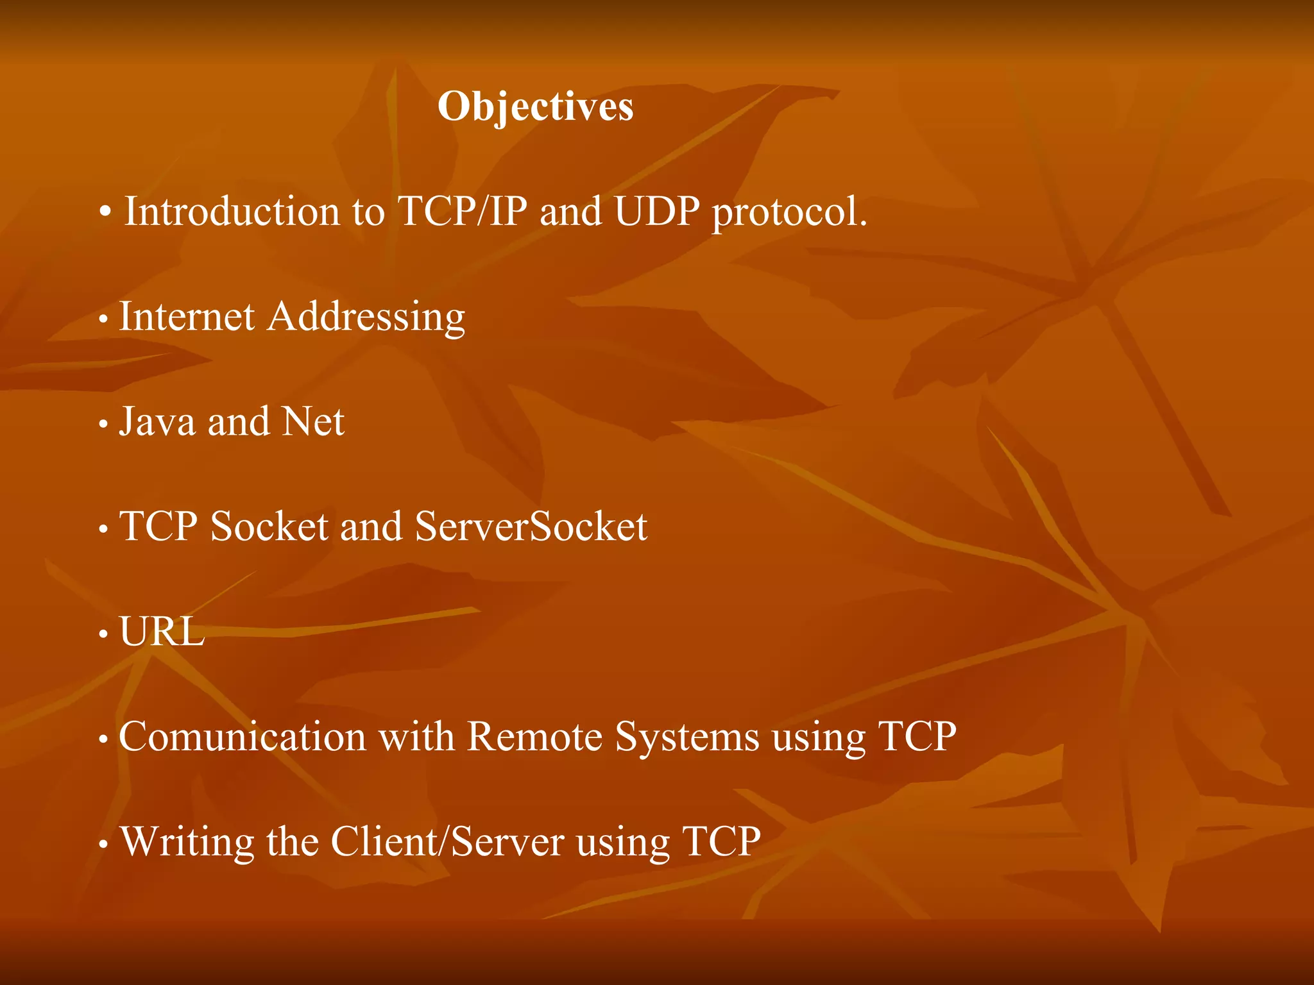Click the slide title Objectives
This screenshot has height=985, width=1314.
[x=536, y=106]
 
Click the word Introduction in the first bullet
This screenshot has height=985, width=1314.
[x=232, y=211]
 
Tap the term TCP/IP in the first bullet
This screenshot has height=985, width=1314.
[x=463, y=211]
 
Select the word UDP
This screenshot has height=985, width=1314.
[x=656, y=211]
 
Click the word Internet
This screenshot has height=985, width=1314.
[x=187, y=316]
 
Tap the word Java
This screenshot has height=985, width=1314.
[x=157, y=421]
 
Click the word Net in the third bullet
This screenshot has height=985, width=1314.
[x=313, y=421]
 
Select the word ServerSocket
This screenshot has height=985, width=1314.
[x=531, y=526]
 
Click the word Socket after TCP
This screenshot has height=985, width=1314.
[x=269, y=526]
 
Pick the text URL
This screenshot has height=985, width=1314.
[x=162, y=632]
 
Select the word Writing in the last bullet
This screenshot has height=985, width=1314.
[x=187, y=843]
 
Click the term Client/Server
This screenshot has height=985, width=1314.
[x=447, y=841]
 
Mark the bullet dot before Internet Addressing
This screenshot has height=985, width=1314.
[x=103, y=319]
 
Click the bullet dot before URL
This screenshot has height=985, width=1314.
[x=103, y=634]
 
